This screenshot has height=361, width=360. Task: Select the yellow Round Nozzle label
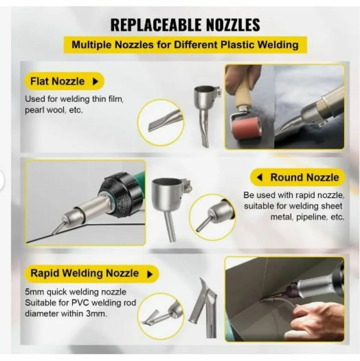pyautogui.click(x=304, y=177)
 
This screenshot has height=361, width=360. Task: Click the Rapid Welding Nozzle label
pyautogui.click(x=84, y=273)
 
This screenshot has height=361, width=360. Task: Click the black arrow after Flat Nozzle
pyautogui.click(x=95, y=82)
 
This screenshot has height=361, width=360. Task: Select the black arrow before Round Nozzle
pyautogui.click(x=260, y=177)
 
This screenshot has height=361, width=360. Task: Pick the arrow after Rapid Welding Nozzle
pyautogui.click(x=149, y=274)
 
